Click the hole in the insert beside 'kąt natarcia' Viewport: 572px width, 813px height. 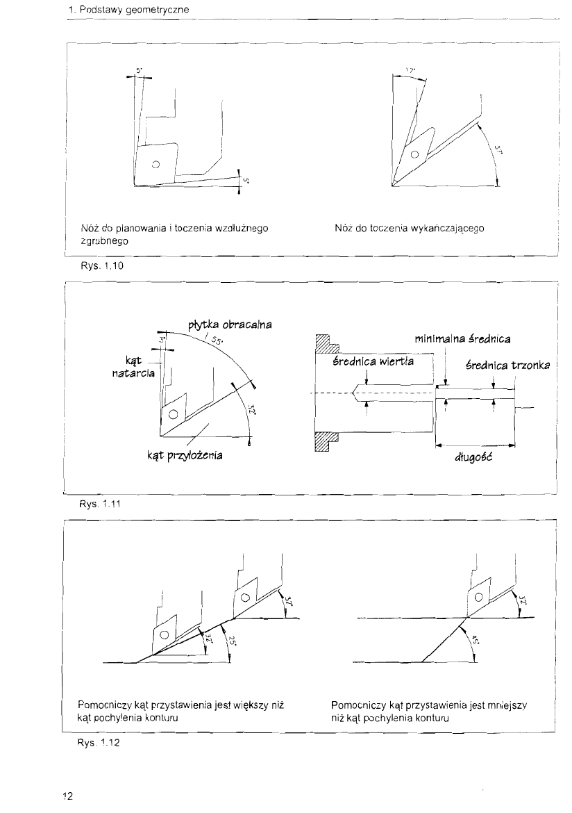click(x=173, y=416)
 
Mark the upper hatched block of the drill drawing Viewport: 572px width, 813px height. click(x=326, y=345)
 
